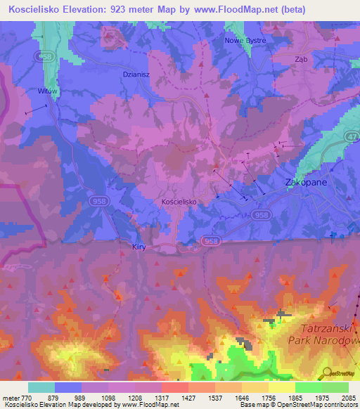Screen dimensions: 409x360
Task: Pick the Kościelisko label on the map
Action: click(178, 202)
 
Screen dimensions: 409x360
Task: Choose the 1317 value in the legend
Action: click(161, 398)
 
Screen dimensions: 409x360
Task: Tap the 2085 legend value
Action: click(347, 398)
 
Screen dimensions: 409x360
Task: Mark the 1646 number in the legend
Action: click(241, 398)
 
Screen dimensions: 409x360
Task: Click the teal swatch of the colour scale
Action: click(41, 387)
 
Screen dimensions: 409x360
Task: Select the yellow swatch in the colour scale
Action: click(281, 387)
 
